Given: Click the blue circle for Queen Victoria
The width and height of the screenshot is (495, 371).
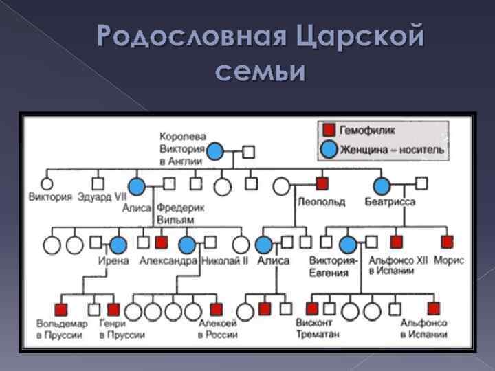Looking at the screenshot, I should tap(216, 151).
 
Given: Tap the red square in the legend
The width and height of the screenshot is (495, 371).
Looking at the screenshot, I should tap(329, 130).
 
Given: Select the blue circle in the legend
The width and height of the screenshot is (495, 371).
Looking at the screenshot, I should tap(329, 148).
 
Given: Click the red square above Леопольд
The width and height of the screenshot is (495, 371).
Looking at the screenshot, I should tap(322, 183).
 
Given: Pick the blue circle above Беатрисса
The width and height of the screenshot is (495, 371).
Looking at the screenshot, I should tap(382, 185).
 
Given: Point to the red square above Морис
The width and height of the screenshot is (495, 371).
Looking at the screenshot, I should tap(448, 241).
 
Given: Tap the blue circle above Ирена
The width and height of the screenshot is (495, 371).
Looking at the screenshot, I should tap(118, 244).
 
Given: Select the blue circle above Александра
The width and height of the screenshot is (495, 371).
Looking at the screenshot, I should tap(187, 244).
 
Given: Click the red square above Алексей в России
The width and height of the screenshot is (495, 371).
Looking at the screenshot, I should tap(217, 309).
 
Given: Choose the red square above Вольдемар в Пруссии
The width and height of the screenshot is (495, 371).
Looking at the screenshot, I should tap(61, 309).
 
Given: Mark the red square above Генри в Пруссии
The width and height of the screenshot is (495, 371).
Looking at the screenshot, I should tap(113, 309).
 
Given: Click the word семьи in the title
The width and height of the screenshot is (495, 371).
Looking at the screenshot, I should tap(259, 71).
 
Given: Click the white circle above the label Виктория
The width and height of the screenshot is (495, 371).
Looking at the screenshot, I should tap(47, 184).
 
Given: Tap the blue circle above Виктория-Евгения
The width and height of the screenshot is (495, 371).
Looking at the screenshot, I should tap(348, 244).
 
